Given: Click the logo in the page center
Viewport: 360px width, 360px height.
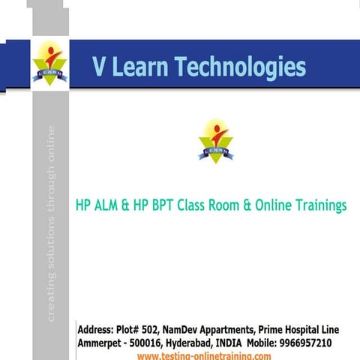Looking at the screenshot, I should pos(216,139).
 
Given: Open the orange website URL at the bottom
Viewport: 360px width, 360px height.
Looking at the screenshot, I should pos(204,355).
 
